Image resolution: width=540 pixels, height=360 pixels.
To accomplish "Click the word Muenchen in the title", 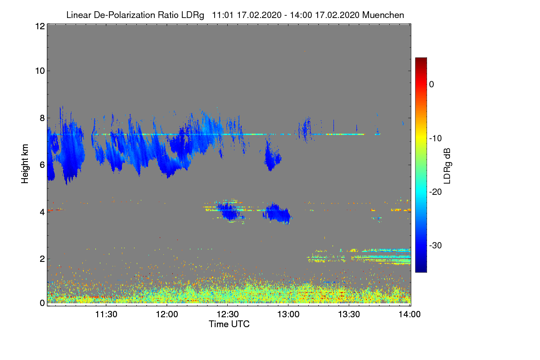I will [383, 15].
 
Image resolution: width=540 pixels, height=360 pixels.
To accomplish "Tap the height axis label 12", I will [39, 26].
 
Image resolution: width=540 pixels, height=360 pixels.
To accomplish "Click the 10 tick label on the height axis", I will [39, 71].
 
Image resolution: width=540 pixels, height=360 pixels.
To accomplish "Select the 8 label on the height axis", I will [42, 118].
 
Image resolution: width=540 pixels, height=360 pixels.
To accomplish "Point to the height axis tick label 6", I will [42, 165].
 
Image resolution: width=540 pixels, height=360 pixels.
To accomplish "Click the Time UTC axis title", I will [229, 324].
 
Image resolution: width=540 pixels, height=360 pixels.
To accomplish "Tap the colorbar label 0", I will [432, 84].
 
